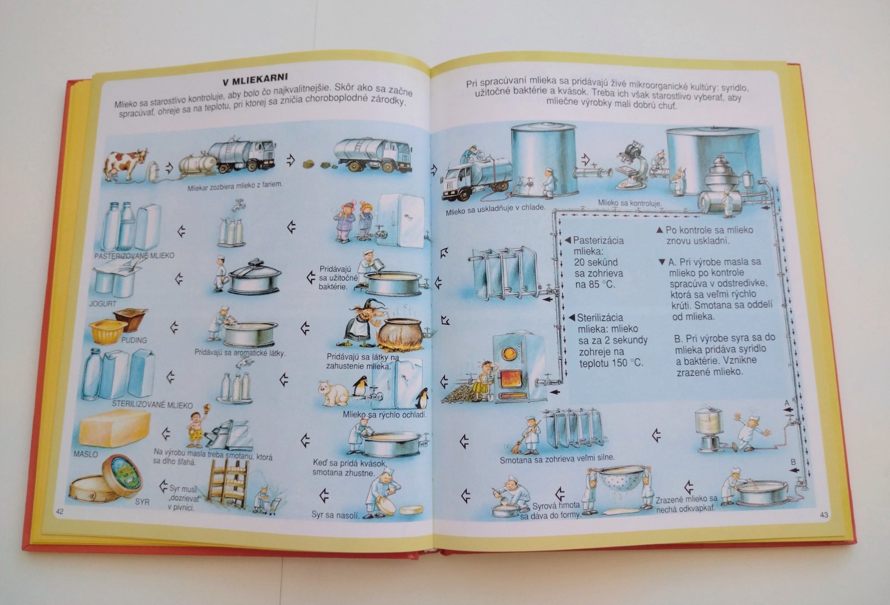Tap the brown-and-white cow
[126, 165]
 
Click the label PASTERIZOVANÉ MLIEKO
[134, 255]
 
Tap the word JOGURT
[102, 304]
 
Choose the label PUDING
[134, 340]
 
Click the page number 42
[60, 511]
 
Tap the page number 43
[824, 515]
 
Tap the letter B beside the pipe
[793, 462]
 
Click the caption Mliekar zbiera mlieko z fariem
[235, 185]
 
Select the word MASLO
[86, 454]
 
